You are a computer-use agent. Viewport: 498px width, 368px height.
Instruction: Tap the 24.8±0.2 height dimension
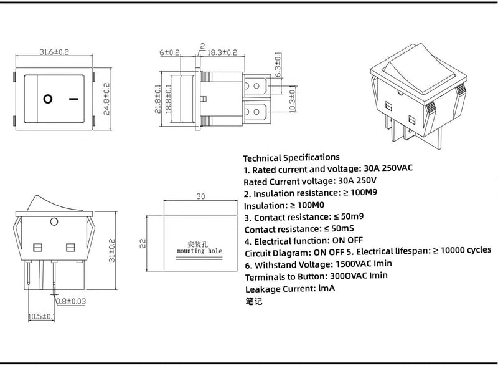(x=106, y=101)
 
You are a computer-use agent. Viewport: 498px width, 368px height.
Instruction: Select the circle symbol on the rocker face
(x=48, y=99)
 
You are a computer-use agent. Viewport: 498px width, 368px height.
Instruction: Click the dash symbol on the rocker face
(x=74, y=99)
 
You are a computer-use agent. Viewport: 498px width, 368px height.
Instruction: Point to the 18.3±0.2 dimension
(x=222, y=52)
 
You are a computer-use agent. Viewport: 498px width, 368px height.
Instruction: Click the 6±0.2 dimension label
(x=169, y=52)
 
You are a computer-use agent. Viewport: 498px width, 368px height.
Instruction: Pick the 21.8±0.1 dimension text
(x=157, y=99)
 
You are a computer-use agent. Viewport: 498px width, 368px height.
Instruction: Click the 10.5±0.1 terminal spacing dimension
(x=41, y=317)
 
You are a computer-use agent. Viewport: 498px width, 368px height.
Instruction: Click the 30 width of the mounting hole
(x=200, y=196)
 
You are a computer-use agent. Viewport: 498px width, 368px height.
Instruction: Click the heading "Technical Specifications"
(x=291, y=157)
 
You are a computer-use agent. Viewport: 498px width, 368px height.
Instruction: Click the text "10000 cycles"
(x=466, y=249)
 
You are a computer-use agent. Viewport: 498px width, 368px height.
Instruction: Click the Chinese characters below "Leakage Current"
(x=254, y=301)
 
